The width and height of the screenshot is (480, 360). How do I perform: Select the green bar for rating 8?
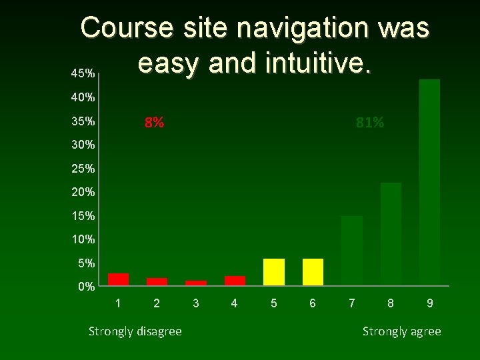[391, 234]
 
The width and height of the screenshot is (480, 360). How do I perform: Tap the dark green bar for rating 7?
[352, 251]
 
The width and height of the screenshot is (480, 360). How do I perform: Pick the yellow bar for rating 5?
[274, 272]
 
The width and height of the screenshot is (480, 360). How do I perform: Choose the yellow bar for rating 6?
[313, 272]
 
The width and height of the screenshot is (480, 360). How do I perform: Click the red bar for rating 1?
[118, 279]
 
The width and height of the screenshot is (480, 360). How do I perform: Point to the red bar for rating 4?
[235, 281]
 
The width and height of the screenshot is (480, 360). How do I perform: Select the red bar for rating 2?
[157, 281]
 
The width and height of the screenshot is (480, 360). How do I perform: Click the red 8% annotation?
[155, 123]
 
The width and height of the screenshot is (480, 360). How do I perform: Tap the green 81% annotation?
[370, 123]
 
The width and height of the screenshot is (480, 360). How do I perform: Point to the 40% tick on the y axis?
[84, 98]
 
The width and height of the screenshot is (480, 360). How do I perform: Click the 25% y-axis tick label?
[84, 169]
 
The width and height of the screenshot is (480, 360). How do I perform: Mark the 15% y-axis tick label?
[84, 216]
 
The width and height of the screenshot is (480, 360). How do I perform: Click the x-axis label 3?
[195, 303]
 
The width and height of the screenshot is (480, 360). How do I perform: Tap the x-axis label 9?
[430, 303]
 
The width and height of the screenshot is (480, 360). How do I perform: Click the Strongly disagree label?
[135, 331]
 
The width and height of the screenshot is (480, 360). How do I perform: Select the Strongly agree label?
[401, 331]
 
